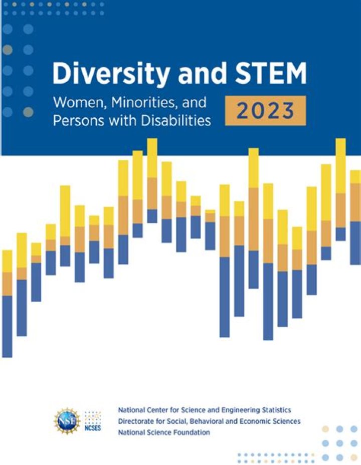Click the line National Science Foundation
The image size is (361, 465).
click(164, 431)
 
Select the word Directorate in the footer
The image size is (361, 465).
click(135, 421)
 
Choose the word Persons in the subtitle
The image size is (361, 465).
click(75, 121)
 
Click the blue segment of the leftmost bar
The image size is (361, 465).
click(7, 326)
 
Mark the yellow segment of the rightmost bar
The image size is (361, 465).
click(355, 176)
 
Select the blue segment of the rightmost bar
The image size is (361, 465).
click(355, 243)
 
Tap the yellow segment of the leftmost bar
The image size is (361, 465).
click(7, 261)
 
